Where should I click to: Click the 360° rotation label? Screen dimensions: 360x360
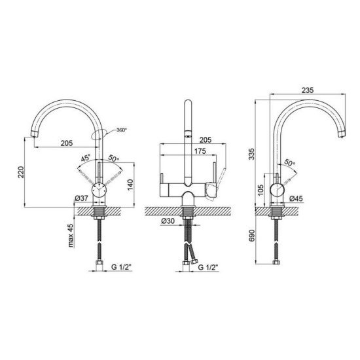pos(122,130)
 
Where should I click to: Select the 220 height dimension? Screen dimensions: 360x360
pos(21,172)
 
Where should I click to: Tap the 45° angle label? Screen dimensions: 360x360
pos(86,158)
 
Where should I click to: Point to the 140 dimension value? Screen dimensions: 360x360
pos(130,185)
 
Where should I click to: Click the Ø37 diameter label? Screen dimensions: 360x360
pos(82,198)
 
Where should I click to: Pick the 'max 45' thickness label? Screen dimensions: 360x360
pos(71,236)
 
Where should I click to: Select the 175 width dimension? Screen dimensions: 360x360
pos(200,151)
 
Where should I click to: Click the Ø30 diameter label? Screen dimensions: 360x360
pos(168,221)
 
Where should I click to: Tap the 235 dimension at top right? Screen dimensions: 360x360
pos(308,90)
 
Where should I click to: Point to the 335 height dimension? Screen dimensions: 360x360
pos(251,154)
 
